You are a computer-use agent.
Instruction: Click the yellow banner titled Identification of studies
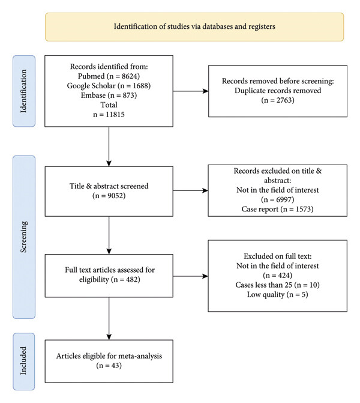coord(194,27)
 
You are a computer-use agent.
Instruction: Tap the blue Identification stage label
coord(24,91)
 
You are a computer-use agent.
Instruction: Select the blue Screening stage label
coord(24,237)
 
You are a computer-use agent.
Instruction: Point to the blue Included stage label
coord(24,362)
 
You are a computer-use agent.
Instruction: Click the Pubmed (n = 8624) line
coord(109,76)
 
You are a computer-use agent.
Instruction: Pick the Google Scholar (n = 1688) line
coord(109,86)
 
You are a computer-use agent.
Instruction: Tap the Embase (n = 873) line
coord(109,95)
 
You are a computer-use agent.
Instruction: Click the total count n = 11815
coord(109,114)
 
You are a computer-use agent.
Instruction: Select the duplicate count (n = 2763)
coord(278,100)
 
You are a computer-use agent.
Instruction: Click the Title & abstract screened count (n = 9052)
coord(109,196)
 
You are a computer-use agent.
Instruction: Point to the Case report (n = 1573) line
coord(278,209)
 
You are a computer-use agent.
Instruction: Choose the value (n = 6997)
coord(278,199)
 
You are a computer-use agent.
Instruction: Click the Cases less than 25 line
coord(278,285)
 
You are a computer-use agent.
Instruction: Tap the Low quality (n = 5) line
coord(278,294)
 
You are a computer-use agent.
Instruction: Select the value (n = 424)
coord(278,275)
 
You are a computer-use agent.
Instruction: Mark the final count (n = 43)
coord(109,366)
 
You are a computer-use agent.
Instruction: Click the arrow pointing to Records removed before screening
coord(191,91)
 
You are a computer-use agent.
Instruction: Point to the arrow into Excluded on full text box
coord(191,276)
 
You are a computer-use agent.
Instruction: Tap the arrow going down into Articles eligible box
coord(109,319)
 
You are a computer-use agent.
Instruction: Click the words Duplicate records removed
coord(278,91)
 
